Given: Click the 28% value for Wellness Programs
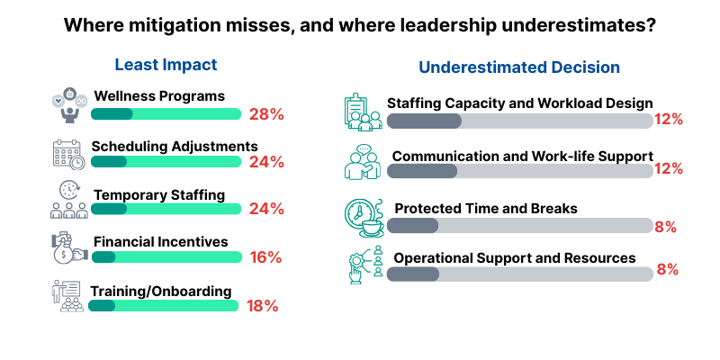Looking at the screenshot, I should click(266, 114).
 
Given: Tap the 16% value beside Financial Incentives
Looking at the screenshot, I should click(266, 257).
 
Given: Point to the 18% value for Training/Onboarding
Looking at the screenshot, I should click(262, 305).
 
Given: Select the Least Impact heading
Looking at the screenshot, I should click(166, 65).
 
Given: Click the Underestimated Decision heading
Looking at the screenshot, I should click(519, 67).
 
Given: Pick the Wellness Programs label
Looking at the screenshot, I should click(159, 96).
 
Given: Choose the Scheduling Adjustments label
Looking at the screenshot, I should click(175, 146).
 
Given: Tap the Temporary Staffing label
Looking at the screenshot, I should click(157, 193).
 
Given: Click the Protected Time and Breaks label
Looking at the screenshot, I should click(486, 209).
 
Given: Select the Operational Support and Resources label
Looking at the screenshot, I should click(515, 257).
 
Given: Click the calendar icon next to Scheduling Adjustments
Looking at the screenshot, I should click(67, 154).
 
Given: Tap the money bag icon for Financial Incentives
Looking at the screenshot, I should click(67, 249).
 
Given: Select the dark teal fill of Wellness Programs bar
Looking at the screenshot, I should click(112, 114).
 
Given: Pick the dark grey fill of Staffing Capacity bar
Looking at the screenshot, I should click(424, 121).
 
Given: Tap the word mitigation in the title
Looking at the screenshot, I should click(172, 26).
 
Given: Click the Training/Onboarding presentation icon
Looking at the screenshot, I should click(67, 296).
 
